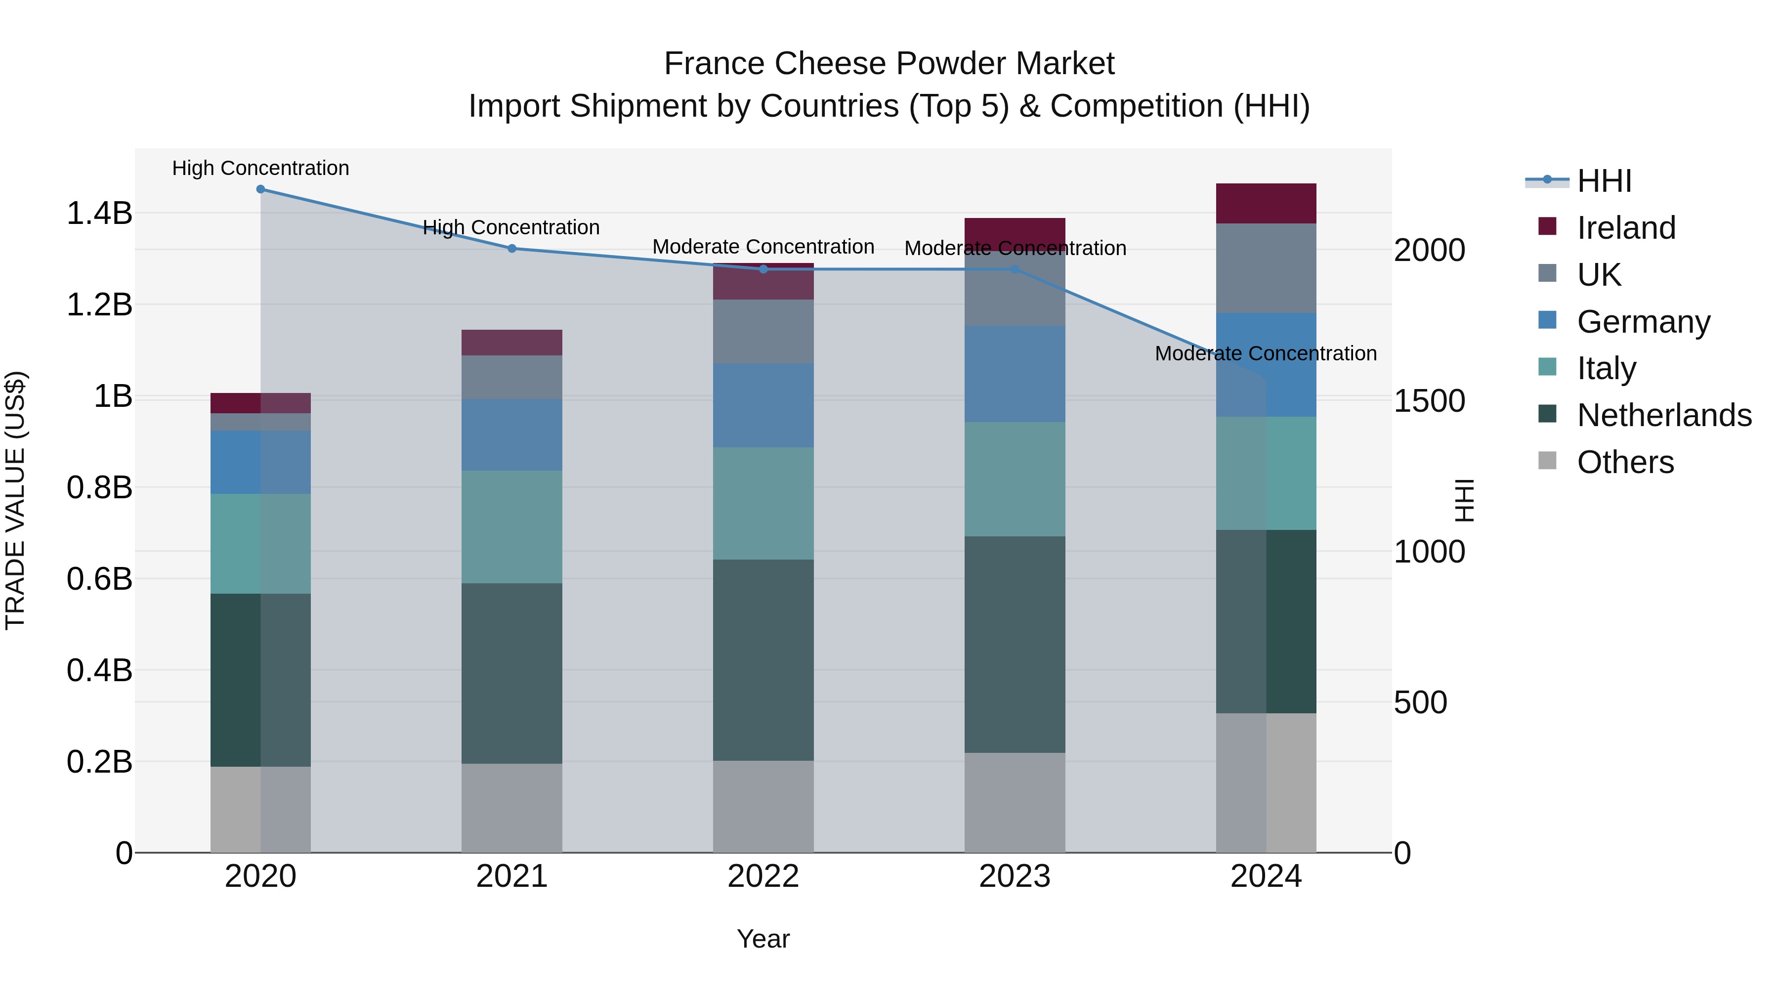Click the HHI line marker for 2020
tap(260, 189)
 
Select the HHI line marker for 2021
tap(512, 249)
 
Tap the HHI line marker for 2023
tap(1015, 269)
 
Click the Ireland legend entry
tap(1626, 228)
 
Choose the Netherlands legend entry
tap(1664, 415)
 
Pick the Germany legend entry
tap(1643, 322)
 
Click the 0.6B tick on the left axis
tap(99, 579)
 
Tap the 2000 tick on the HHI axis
tap(1429, 250)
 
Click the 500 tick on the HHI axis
tap(1420, 702)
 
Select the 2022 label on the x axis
tap(763, 876)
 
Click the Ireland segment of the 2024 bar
tap(1266, 204)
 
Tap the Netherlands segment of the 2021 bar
tap(512, 674)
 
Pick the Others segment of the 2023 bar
tap(1015, 803)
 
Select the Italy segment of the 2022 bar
tap(763, 504)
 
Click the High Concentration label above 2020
tap(260, 169)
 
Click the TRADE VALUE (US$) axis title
tap(15, 500)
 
